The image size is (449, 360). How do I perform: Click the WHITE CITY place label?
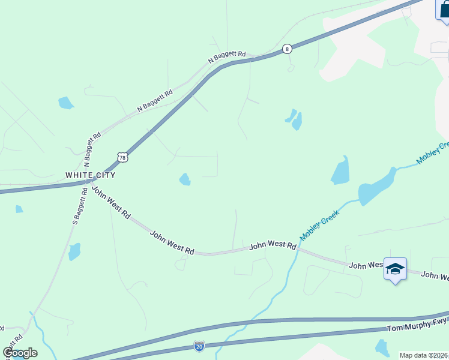90,175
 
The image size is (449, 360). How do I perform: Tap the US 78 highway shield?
123,157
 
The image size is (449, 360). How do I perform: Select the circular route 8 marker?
288,49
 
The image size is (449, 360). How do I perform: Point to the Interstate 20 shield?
199,346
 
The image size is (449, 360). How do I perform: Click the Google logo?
20,353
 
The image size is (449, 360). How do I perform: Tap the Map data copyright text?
424,355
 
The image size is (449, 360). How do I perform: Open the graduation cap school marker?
395,269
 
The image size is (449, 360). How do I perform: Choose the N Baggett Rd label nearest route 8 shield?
227,57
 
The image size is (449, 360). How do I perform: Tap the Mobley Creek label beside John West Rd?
320,226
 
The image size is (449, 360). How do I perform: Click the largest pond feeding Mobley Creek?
376,188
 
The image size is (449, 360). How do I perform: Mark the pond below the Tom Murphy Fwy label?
382,347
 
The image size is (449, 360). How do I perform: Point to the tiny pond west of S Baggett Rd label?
19,209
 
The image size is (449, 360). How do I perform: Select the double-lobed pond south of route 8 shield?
294,119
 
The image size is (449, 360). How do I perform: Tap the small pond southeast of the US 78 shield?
185,179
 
